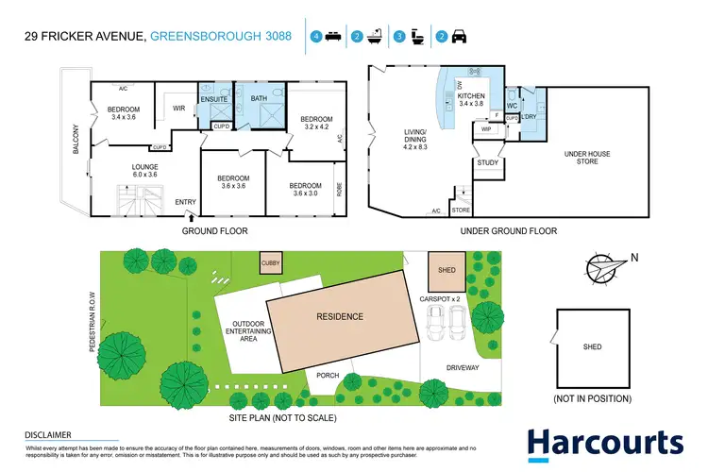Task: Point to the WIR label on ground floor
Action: (x=179, y=109)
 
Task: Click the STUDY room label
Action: (x=487, y=162)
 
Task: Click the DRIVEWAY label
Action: (x=463, y=367)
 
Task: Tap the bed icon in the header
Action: (x=332, y=37)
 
